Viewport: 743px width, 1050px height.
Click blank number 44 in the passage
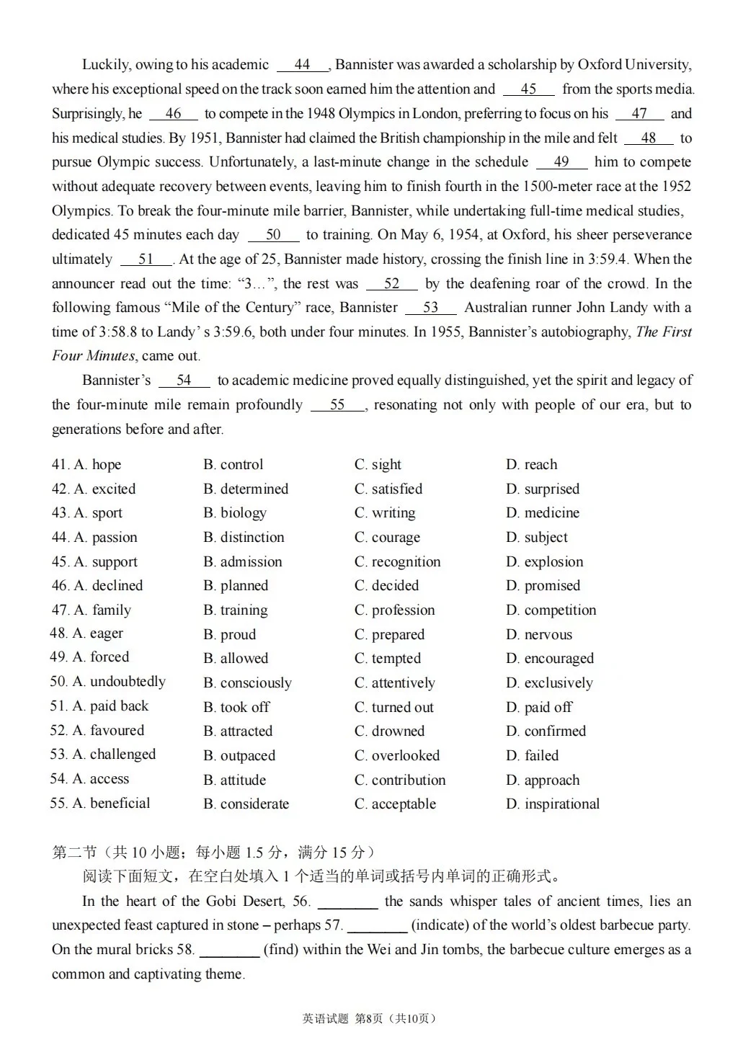point(302,65)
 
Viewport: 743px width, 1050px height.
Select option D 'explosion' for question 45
point(544,562)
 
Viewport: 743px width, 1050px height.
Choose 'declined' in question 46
point(108,586)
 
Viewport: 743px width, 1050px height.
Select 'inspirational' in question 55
point(553,804)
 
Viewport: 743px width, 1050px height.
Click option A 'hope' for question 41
point(97,465)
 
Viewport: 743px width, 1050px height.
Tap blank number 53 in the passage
point(430,308)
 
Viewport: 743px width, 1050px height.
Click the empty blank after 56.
point(347,902)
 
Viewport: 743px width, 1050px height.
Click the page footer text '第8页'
point(369,1018)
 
